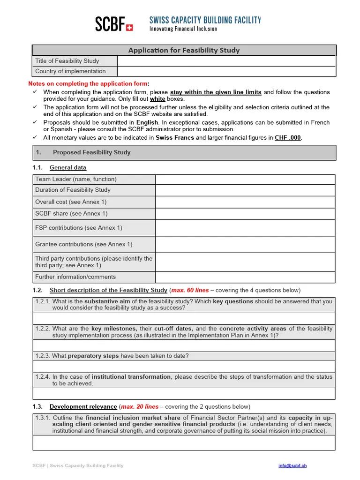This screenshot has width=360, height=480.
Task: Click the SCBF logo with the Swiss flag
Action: coord(114,24)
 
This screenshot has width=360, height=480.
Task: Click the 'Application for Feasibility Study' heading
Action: coord(184,50)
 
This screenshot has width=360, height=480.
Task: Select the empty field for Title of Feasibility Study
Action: coord(226,61)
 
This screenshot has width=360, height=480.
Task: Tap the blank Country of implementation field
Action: coord(226,71)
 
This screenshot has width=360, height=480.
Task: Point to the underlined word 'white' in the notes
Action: coord(157,99)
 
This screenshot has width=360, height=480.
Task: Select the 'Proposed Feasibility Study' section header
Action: coord(91,152)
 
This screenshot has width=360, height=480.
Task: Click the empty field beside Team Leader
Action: coord(245,179)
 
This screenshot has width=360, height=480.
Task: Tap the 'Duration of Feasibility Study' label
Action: coord(73,190)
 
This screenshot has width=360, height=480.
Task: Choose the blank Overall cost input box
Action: coord(245,202)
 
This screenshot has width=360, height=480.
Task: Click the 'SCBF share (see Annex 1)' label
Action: coord(71,213)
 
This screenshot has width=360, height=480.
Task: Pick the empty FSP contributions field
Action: coord(245,228)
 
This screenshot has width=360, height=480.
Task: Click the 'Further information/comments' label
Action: coord(75,277)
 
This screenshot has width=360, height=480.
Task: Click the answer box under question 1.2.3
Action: coord(184,367)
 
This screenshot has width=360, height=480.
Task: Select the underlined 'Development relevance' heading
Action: coord(83,406)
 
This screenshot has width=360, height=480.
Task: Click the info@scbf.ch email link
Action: coord(292,465)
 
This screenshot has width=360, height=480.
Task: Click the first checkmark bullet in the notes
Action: coord(35,92)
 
